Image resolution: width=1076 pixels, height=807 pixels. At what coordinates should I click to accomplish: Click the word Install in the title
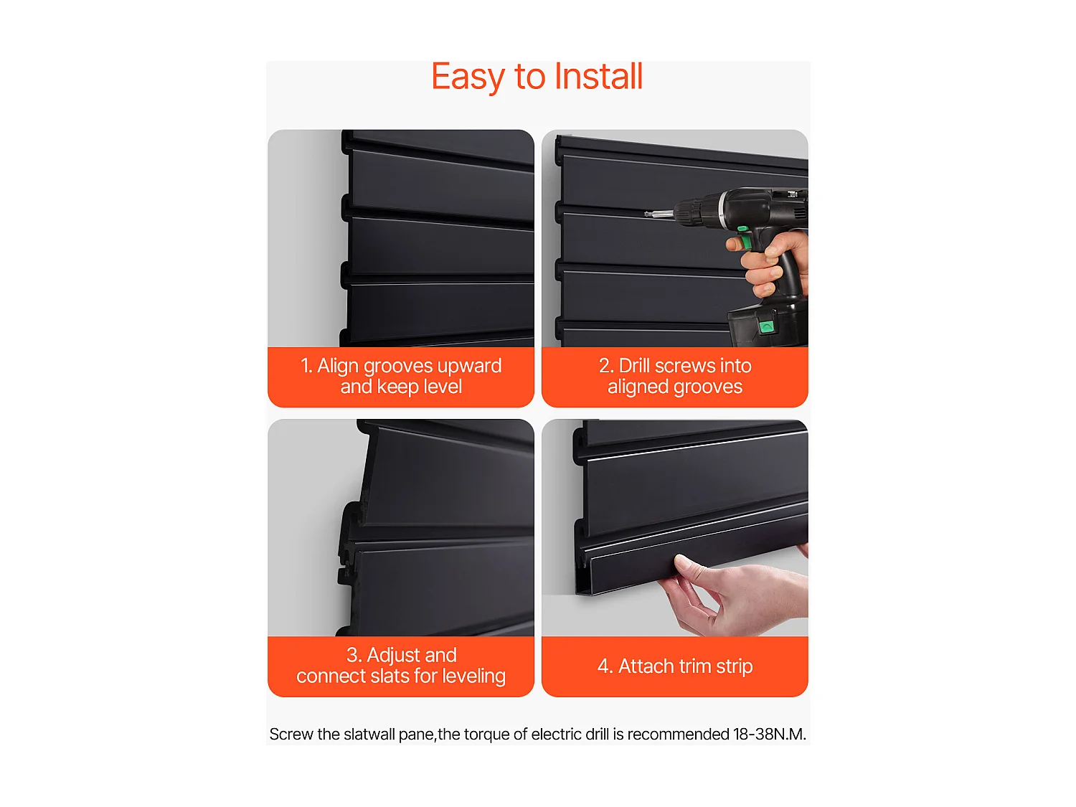598,77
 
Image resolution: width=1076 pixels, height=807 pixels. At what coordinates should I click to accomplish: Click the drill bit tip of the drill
646,213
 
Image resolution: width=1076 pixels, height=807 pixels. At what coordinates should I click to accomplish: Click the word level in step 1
443,387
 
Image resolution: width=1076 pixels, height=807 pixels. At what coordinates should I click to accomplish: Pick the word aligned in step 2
638,387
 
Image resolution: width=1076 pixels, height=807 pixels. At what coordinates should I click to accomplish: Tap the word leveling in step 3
473,676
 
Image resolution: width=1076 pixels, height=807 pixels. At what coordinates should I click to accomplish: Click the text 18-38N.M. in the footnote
769,735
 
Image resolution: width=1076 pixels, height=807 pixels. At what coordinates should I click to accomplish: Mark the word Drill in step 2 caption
636,366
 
